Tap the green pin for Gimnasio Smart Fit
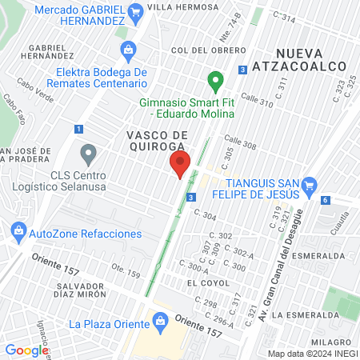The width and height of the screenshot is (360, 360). click(x=214, y=80)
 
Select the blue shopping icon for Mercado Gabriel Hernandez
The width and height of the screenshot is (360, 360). click(x=135, y=11)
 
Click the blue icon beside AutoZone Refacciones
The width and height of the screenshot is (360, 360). click(x=18, y=233)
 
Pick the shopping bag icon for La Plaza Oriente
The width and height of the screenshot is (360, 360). click(x=159, y=323)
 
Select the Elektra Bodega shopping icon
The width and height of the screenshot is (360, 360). click(x=127, y=51)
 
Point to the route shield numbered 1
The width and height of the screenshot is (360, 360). click(x=78, y=128)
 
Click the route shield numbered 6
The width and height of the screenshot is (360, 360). click(x=326, y=200)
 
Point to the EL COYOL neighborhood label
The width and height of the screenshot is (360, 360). click(x=202, y=283)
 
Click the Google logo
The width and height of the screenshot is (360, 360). click(x=26, y=350)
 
